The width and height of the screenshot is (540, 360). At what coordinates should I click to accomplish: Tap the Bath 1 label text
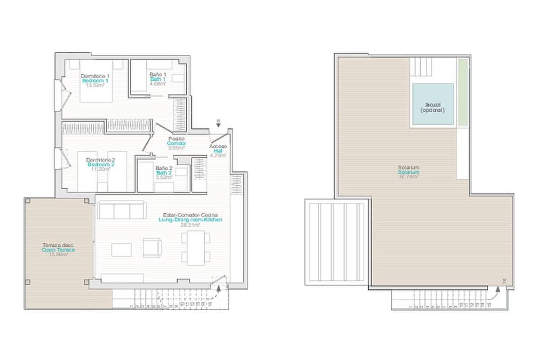tap(158, 79)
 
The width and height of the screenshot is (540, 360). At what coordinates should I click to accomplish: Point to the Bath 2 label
tap(164, 173)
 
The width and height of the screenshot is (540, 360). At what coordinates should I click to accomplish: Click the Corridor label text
tap(176, 143)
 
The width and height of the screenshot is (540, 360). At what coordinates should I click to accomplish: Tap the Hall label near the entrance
tap(218, 151)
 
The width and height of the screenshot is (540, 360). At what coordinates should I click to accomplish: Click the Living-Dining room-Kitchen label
tap(191, 220)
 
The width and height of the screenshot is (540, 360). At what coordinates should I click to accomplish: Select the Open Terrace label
tap(58, 250)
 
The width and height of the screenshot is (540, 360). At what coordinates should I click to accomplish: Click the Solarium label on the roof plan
tap(408, 172)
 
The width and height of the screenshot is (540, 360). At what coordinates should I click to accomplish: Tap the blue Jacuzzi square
tap(432, 104)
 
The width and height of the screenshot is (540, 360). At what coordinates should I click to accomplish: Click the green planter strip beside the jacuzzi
tap(463, 92)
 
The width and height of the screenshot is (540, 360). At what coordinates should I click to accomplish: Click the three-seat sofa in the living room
tap(121, 211)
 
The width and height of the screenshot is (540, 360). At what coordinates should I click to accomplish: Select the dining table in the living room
tap(196, 248)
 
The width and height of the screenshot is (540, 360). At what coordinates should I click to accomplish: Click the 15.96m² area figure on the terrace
tap(58, 255)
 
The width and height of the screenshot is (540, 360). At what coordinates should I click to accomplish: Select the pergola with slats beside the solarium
tap(337, 242)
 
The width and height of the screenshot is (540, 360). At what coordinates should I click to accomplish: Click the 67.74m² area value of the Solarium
tap(408, 177)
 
